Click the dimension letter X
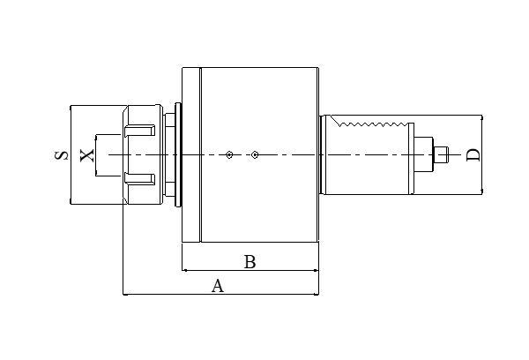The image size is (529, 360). pyautogui.click(x=86, y=155)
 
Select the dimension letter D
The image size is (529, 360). pyautogui.click(x=473, y=155)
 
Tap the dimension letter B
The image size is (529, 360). pyautogui.click(x=250, y=262)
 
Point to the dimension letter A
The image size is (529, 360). pyautogui.click(x=218, y=285)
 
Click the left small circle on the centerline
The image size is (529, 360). pyautogui.click(x=228, y=155)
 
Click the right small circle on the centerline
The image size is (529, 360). pyautogui.click(x=254, y=155)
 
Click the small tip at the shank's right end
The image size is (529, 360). pyautogui.click(x=448, y=155)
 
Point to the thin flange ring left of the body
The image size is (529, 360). pyautogui.click(x=180, y=155)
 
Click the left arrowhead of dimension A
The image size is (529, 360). pyautogui.click(x=126, y=294)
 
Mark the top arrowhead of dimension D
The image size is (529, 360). pyautogui.click(x=482, y=118)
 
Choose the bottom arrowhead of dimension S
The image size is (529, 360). pyautogui.click(x=71, y=202)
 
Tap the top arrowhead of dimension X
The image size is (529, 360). pyautogui.click(x=95, y=136)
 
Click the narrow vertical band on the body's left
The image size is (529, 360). pyautogui.click(x=190, y=155)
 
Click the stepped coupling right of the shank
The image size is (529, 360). pyautogui.click(x=428, y=155)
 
